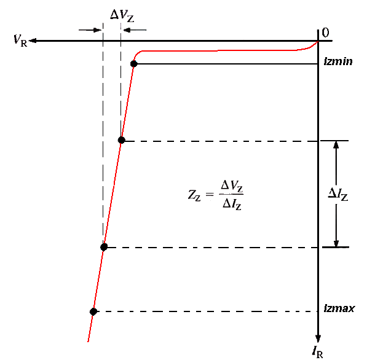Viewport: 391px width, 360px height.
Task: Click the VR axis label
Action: click(x=20, y=40)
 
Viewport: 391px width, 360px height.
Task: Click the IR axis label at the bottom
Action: click(x=318, y=351)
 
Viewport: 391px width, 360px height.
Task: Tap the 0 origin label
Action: click(x=325, y=33)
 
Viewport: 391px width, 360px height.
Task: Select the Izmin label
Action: click(x=338, y=61)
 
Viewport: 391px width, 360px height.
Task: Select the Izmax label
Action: click(x=339, y=308)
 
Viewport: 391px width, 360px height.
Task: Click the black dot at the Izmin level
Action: click(x=133, y=64)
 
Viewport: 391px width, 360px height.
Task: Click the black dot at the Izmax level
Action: click(x=93, y=311)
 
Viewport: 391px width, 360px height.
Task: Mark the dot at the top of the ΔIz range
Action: click(x=121, y=140)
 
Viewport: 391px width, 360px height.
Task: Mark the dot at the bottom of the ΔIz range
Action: click(x=104, y=247)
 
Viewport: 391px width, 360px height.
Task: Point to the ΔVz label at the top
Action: click(x=122, y=16)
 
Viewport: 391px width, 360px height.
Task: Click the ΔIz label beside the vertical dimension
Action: click(x=338, y=194)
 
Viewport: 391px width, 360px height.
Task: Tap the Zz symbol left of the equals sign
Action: click(x=194, y=195)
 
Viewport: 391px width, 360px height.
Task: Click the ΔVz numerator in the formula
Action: click(x=232, y=186)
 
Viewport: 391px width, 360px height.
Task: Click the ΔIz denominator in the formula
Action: click(x=232, y=205)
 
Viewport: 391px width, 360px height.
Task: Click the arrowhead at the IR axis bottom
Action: click(x=318, y=339)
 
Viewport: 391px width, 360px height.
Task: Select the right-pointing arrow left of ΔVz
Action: click(x=90, y=30)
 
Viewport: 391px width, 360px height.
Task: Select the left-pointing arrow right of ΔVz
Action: click(x=135, y=30)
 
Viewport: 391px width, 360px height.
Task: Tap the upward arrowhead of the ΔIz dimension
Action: click(x=336, y=145)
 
